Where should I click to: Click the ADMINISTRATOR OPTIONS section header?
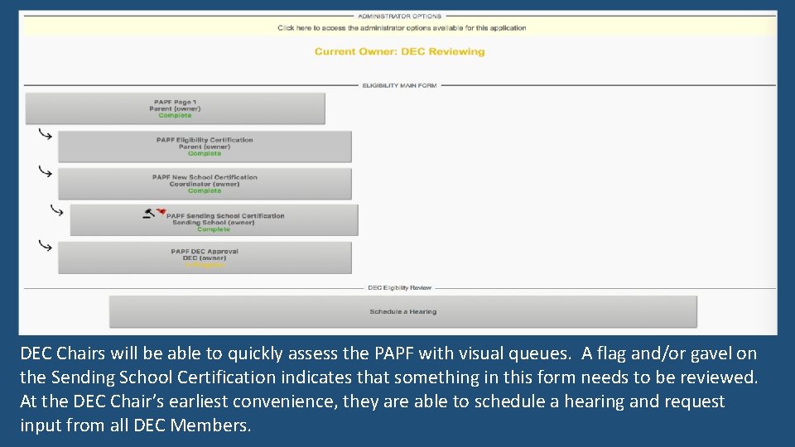point(399,16)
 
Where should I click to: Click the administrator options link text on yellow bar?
point(402,28)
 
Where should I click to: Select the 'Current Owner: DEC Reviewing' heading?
point(399,51)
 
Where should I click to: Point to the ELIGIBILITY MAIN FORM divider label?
point(399,85)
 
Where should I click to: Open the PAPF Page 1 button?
point(175,108)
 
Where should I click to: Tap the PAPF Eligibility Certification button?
point(205,147)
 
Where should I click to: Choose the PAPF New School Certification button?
point(205,184)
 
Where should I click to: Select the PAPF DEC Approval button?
point(205,257)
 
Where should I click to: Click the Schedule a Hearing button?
point(402,312)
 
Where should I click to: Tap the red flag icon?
point(161,213)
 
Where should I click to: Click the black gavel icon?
point(148,213)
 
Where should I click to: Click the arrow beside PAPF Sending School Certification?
point(56,210)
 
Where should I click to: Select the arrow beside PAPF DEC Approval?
point(46,246)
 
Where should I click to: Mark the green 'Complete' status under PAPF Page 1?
point(175,116)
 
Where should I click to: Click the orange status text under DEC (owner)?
point(205,266)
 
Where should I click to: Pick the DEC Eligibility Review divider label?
point(399,288)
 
